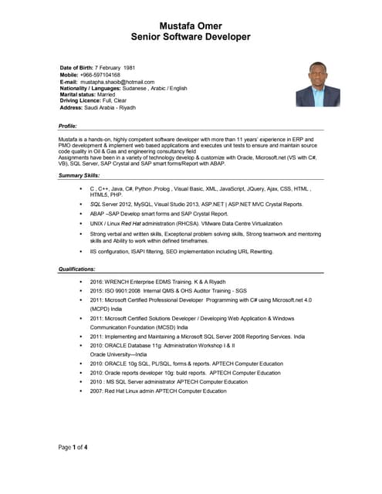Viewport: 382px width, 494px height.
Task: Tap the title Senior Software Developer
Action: [190, 36]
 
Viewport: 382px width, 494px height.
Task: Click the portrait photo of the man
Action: [318, 84]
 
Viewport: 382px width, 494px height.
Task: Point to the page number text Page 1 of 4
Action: [73, 447]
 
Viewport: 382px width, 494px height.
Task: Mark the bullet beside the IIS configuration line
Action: [80, 252]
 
